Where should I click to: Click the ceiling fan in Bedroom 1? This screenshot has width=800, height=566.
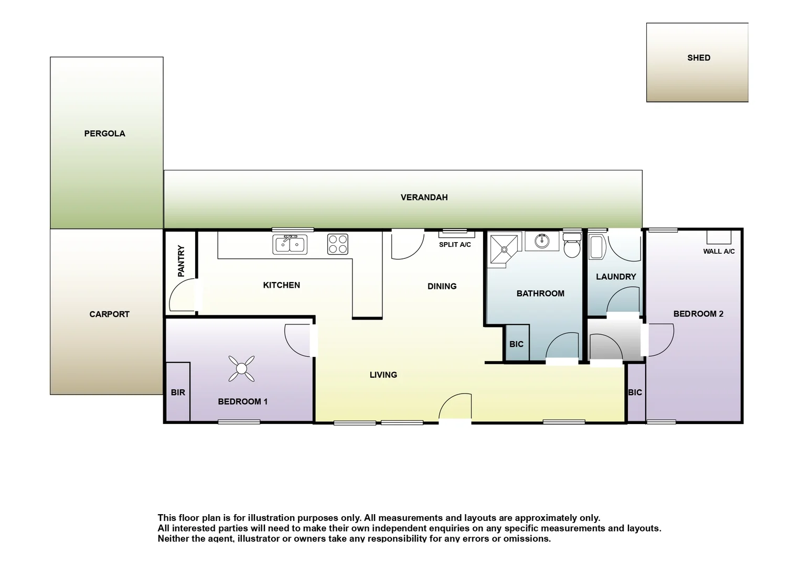pos(241,369)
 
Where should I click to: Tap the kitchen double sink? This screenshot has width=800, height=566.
pos(290,244)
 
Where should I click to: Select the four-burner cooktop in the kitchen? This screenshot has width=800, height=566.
pos(337,244)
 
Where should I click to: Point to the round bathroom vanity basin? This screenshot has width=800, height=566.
pos(542,241)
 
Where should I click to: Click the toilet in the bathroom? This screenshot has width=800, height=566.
pos(572,245)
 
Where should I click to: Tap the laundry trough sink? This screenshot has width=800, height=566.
pos(597,247)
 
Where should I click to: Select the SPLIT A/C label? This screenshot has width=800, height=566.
pos(455,245)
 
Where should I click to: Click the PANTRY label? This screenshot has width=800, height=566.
pos(181,260)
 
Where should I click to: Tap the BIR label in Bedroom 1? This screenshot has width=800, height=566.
pos(178,393)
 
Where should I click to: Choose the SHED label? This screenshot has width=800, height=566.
pos(698,58)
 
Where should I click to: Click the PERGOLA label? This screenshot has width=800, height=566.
pos(105,134)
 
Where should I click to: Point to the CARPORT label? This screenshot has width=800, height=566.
pos(109,314)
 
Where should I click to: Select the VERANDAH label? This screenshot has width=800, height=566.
pos(424,198)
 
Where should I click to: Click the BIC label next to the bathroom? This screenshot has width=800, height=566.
pos(516,344)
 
